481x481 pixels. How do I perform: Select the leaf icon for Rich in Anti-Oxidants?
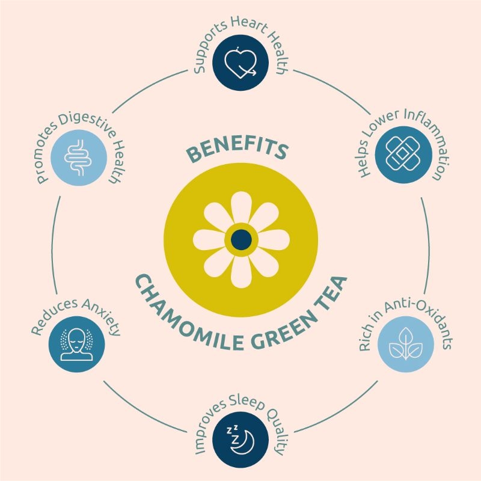(x=405, y=343)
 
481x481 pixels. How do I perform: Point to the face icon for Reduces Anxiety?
(x=77, y=344)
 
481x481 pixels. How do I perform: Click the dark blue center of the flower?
(x=241, y=239)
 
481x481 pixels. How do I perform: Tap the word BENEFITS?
(x=238, y=150)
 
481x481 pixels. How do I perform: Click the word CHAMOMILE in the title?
(x=187, y=319)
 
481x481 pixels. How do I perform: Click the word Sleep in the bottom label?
(x=247, y=402)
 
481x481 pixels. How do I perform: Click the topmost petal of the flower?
(x=241, y=207)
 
